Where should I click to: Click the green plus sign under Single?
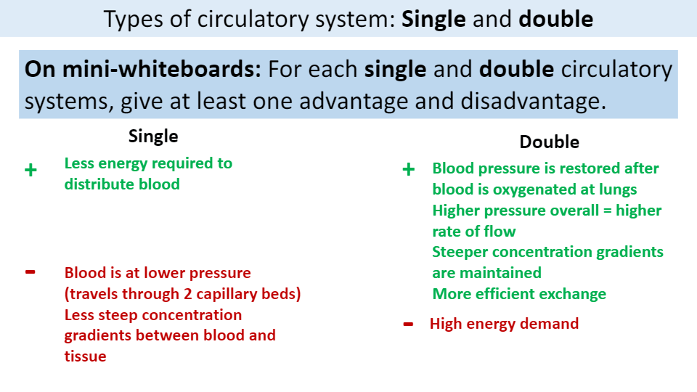(x=30, y=171)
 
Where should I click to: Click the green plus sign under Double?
(x=408, y=170)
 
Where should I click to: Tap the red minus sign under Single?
(x=30, y=272)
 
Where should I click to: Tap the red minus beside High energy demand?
(x=408, y=323)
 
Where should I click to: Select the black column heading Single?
(x=153, y=136)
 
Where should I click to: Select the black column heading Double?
(x=549, y=142)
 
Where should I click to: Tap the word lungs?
(x=619, y=189)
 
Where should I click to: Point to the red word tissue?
(x=86, y=356)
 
